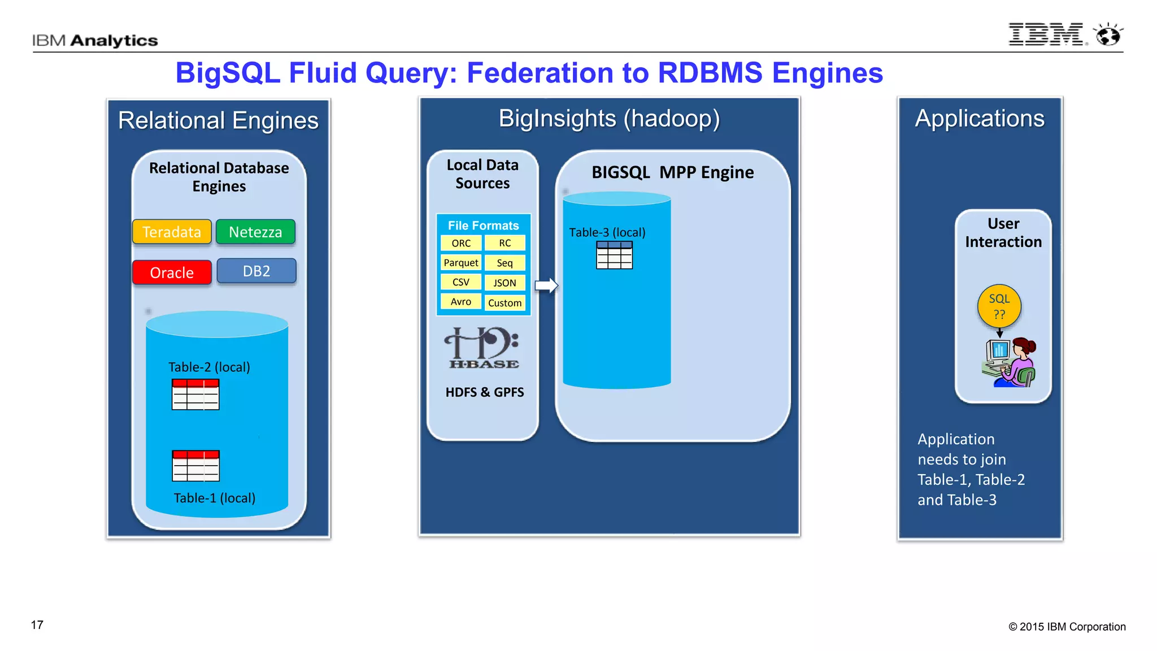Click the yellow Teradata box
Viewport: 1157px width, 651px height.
(172, 232)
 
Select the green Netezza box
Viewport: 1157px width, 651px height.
(255, 232)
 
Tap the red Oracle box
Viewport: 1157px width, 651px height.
(172, 272)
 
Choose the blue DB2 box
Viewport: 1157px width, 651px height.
(256, 271)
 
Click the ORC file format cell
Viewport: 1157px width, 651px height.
(461, 243)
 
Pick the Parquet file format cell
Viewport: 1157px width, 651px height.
(461, 263)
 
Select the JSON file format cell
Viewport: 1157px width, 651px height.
(504, 283)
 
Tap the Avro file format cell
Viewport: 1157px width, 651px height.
(461, 302)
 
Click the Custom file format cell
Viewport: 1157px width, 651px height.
(504, 303)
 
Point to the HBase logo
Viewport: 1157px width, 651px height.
(483, 348)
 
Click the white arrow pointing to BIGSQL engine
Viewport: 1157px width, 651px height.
(546, 285)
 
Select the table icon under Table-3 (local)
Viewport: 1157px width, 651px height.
(614, 255)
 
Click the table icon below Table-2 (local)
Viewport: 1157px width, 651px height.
(195, 394)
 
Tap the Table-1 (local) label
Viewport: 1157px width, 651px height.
(214, 498)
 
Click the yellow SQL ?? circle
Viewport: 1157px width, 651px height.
(999, 306)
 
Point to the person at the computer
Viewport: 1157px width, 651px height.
(1011, 363)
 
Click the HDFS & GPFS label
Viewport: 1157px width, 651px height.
(484, 392)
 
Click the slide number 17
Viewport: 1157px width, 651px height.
(37, 625)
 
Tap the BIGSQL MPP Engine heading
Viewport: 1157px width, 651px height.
(672, 172)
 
